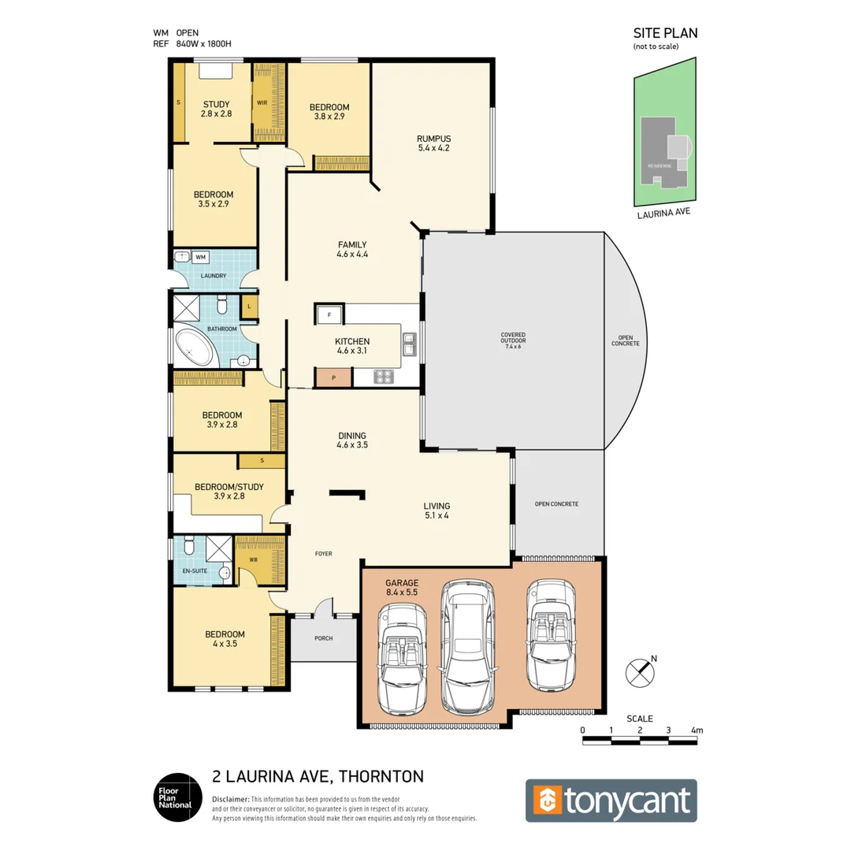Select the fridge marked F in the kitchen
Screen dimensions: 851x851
[x=329, y=314]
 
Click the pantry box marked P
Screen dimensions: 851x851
[x=333, y=377]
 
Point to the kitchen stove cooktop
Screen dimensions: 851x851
[x=384, y=377]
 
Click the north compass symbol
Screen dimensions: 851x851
[x=639, y=673]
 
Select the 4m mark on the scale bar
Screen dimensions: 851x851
[x=695, y=730]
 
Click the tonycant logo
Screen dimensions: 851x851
[x=611, y=801]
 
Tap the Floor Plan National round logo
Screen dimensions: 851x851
[x=173, y=796]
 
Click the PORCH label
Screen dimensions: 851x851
[x=324, y=639]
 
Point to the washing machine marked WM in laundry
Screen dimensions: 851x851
[x=200, y=257]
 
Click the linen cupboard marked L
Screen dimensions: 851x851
[x=249, y=306]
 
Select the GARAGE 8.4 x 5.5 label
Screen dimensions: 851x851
[x=402, y=585]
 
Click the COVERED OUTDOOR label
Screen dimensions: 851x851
[x=513, y=340]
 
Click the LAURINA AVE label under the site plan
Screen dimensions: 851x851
[x=664, y=211]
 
